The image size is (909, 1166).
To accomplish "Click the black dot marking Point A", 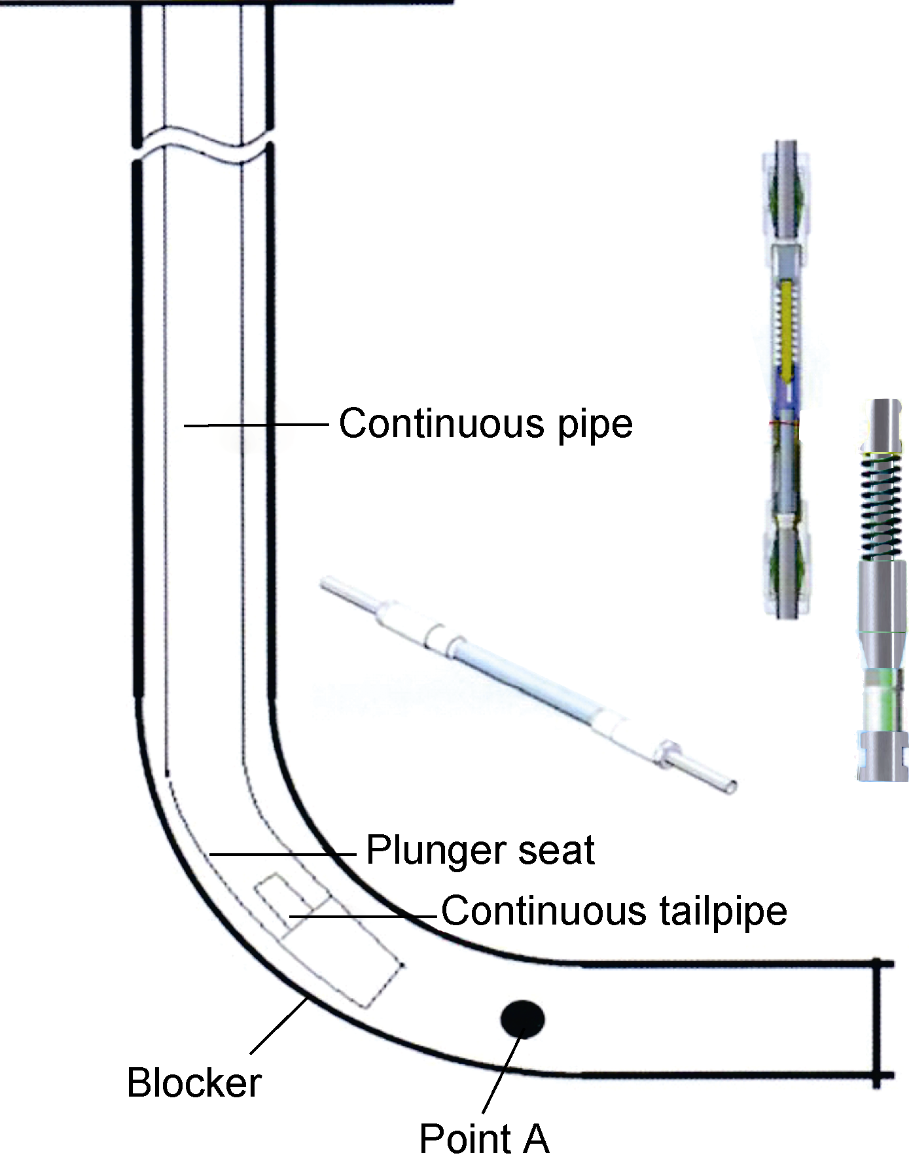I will click(x=522, y=1019).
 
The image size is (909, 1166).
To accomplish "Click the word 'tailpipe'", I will click(x=723, y=911).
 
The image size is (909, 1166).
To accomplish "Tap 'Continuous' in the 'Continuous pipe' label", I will click(x=442, y=423).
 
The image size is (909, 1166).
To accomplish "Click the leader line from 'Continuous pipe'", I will click(x=255, y=425).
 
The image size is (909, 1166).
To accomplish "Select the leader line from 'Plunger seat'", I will click(x=281, y=854).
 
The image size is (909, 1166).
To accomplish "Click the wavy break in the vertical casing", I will click(x=203, y=145).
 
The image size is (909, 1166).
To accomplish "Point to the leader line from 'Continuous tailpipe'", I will click(x=363, y=915).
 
